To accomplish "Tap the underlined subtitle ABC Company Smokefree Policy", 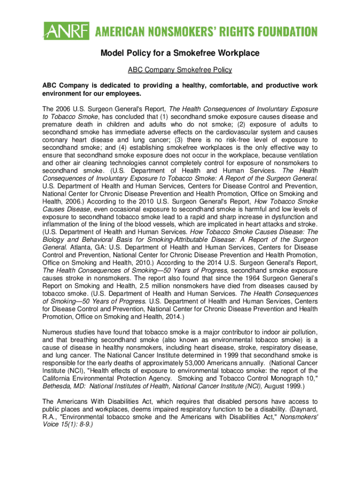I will click(180, 70).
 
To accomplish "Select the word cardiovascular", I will click(224, 131).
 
